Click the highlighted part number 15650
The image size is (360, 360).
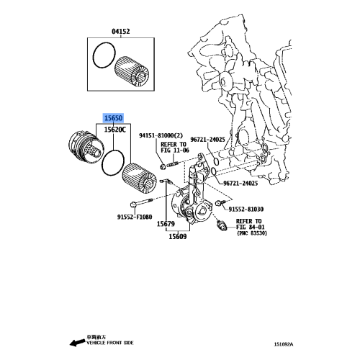point(113,118)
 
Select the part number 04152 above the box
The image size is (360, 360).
point(120,32)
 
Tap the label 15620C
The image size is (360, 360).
point(114,130)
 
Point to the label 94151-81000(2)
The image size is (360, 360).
point(161,135)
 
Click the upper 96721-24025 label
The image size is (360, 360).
point(207,140)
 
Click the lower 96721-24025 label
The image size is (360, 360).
point(240,184)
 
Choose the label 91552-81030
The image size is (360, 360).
point(246,210)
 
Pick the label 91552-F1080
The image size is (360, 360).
point(135,217)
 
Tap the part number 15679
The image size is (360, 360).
point(166,224)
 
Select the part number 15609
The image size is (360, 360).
point(178,237)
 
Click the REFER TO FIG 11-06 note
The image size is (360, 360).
point(175,148)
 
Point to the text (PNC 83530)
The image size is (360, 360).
point(252,233)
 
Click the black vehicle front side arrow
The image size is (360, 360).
point(77,343)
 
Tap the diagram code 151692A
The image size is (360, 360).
point(284,344)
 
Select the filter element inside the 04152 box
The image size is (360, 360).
point(132,71)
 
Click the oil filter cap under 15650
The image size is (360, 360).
point(86,149)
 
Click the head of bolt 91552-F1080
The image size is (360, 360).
point(132,204)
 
